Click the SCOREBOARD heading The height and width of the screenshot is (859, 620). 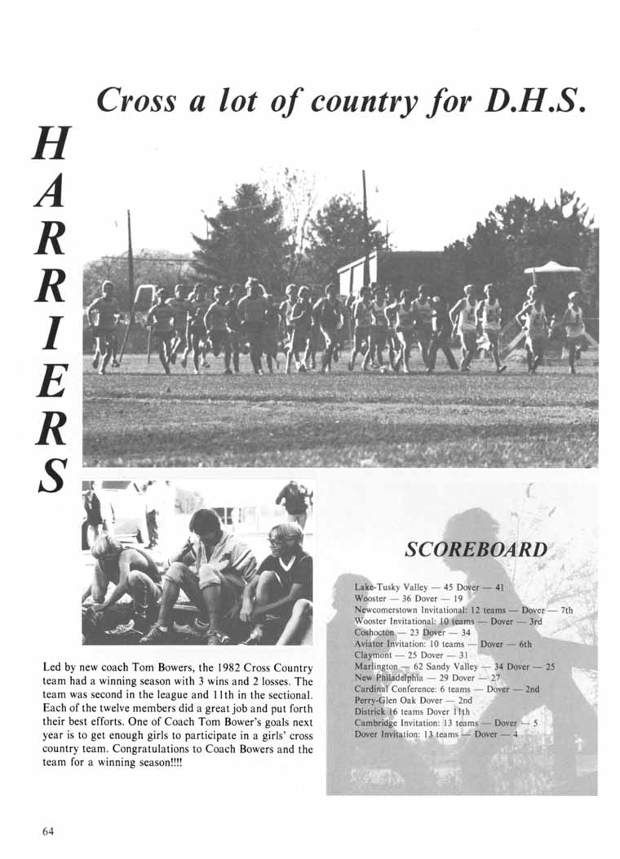tap(476, 549)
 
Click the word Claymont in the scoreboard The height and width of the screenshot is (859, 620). tap(374, 655)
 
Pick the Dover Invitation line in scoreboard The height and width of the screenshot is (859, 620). tap(437, 733)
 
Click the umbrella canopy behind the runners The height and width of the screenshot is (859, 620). tap(552, 268)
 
